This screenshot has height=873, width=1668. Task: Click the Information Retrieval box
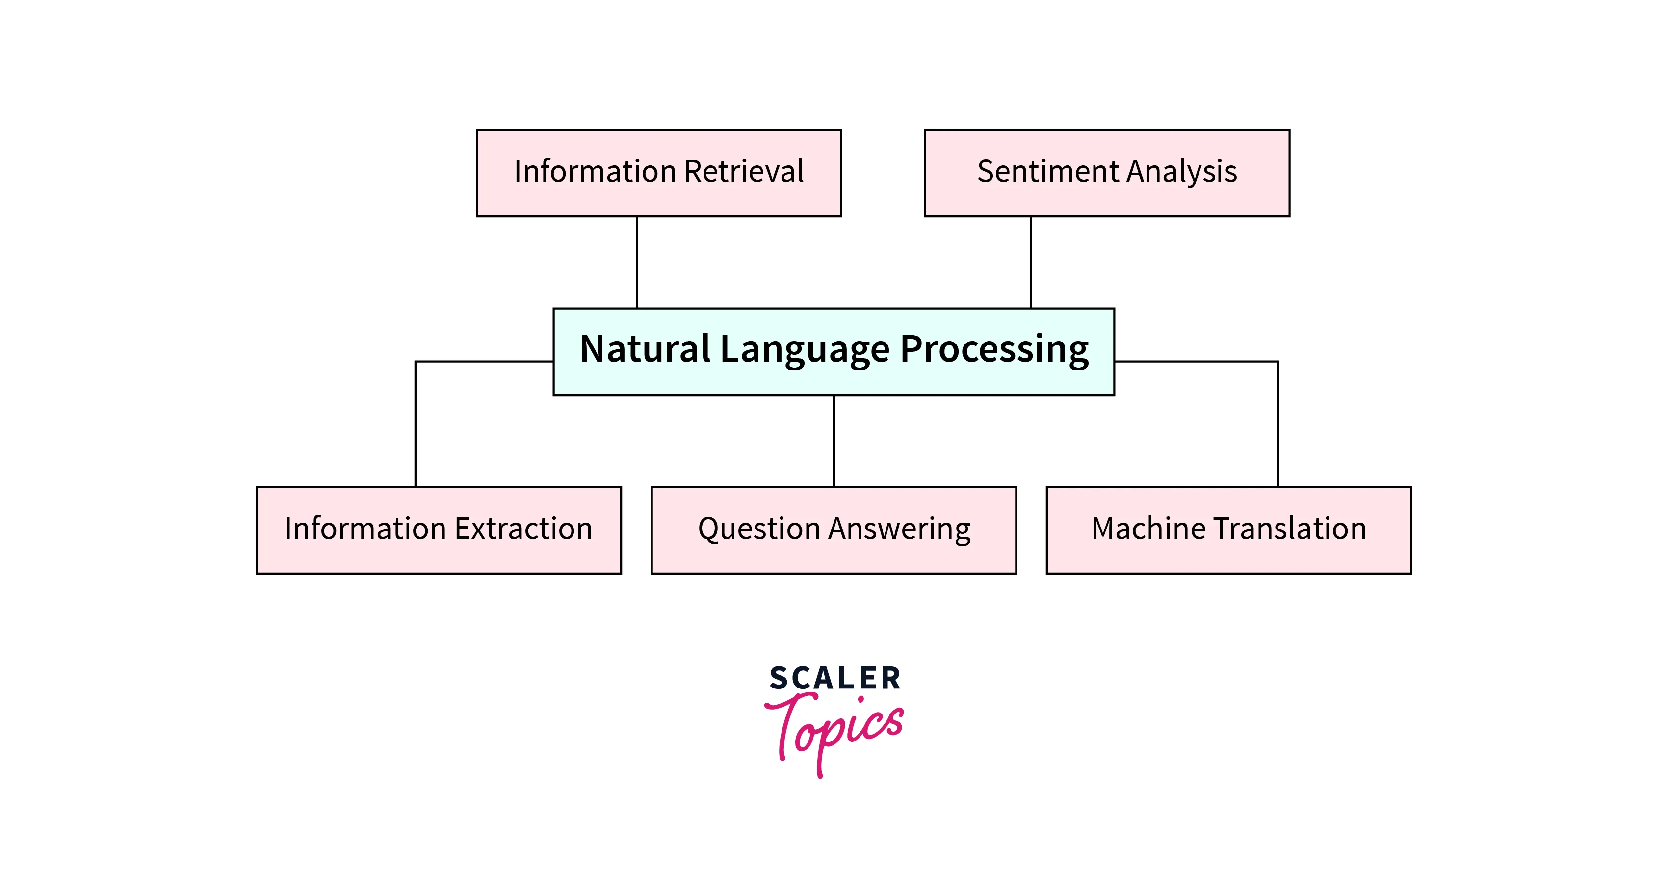658,173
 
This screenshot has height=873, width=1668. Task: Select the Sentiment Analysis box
1107,173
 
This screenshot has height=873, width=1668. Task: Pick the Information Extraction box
439,530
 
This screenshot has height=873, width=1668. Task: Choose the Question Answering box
834,530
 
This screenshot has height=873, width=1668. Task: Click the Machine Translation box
1228,530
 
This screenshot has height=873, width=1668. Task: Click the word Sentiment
1048,172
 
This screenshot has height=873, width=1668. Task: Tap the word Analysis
1182,172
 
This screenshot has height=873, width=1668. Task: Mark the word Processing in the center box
994,350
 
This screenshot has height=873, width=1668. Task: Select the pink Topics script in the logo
835,729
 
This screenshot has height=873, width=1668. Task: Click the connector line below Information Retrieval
637,262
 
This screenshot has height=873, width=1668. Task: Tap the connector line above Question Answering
834,440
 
